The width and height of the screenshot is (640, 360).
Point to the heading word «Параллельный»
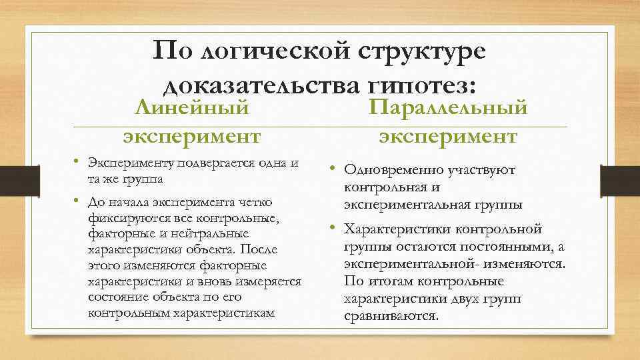point(449,107)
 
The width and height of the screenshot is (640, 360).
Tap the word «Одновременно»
point(387,171)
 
